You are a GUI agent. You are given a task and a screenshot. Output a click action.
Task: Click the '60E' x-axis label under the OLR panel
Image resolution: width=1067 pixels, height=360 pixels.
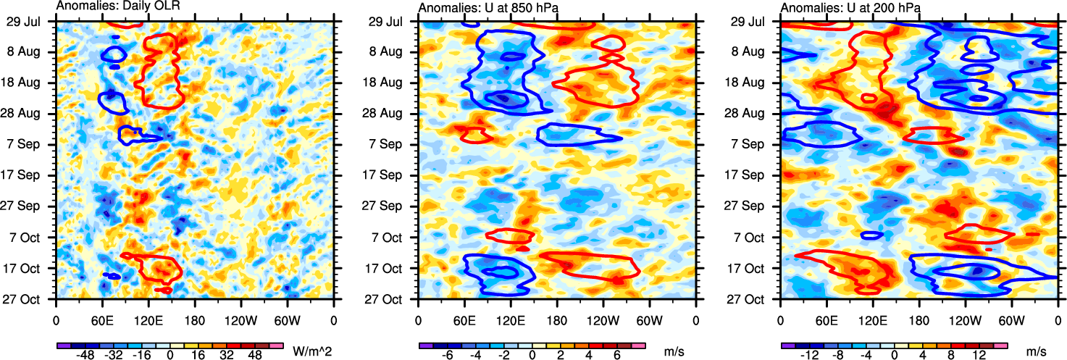102,319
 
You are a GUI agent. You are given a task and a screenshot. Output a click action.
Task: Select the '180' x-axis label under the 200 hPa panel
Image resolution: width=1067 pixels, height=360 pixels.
919,319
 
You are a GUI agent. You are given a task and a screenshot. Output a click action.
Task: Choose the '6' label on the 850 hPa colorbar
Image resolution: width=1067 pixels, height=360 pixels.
617,356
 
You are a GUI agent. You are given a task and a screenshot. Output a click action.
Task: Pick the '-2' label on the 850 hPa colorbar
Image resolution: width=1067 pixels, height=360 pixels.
505,356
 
